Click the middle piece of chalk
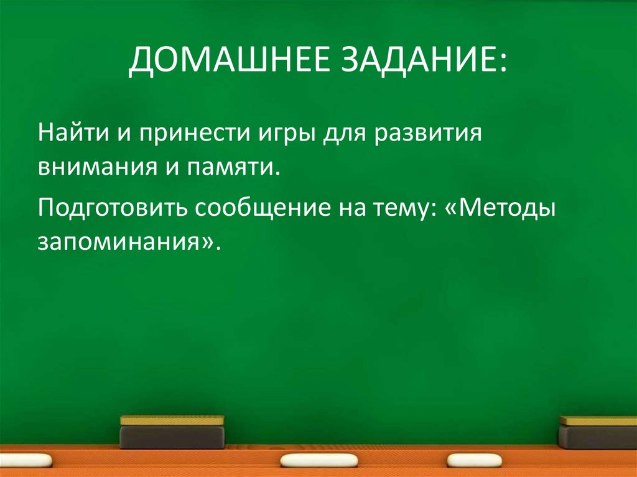point(319,460)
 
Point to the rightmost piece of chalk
point(475,461)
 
